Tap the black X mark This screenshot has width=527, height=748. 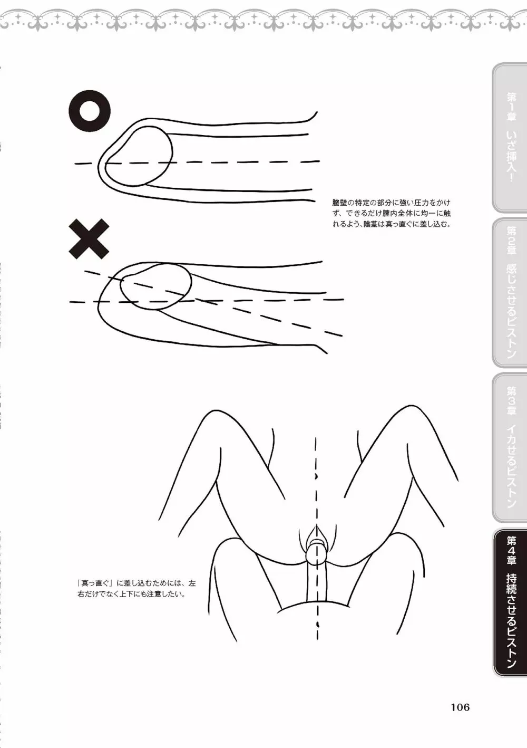[89, 239]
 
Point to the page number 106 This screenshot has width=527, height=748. [460, 697]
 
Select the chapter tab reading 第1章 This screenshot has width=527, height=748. [510, 137]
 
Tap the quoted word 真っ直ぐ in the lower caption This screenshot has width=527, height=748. [97, 583]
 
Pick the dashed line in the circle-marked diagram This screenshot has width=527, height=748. [197, 162]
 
